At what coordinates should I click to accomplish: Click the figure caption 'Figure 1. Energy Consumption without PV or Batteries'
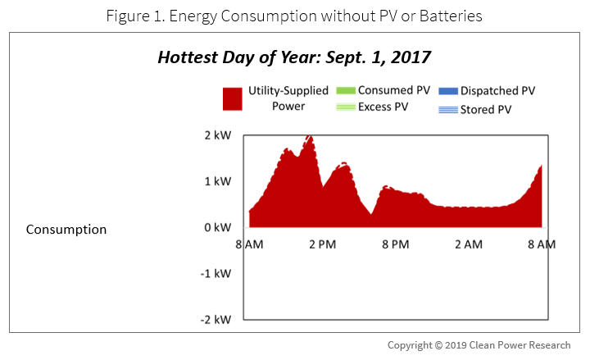point(294,14)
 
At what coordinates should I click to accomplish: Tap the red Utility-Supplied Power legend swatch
point(233,98)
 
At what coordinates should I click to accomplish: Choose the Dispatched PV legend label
point(497,89)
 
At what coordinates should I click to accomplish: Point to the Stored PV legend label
point(488,107)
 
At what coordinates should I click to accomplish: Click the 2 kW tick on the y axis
point(220,134)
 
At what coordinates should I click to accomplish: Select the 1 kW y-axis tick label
point(220,180)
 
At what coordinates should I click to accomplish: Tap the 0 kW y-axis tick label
point(220,227)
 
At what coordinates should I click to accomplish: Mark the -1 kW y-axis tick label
point(218,273)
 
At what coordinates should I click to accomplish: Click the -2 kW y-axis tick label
point(218,319)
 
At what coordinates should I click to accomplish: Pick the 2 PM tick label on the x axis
point(322,244)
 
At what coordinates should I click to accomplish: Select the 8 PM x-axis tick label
point(395,244)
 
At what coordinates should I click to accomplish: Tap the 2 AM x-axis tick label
point(469,244)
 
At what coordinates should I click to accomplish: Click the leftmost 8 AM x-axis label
point(248,244)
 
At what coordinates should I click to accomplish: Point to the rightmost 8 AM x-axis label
point(542,244)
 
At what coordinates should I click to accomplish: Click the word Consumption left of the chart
point(66,230)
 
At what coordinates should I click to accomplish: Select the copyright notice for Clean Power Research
point(484,345)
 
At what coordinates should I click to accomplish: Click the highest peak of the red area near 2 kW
point(309,138)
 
